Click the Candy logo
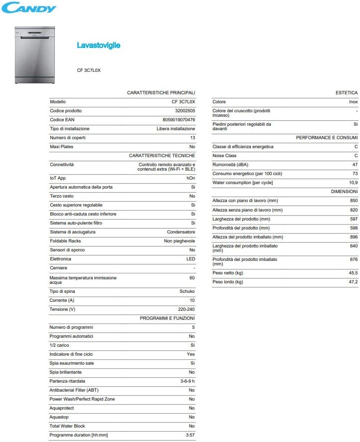pos(29,7)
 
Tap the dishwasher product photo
pos(34,54)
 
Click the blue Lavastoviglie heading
pos(98,45)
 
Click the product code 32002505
pos(185,111)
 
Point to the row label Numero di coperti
pos(67,138)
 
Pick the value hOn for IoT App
pos(190,178)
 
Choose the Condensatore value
pos(180,232)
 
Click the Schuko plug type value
pos(187,291)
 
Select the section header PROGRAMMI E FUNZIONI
pos(167,318)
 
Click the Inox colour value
pos(353,102)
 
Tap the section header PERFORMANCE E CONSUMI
pos(327,138)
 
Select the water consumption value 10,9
pos(353,183)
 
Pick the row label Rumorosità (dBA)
pos(230,165)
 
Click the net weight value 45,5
pos(353,273)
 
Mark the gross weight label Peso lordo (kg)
pos(227,282)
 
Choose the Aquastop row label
pos(59,417)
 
